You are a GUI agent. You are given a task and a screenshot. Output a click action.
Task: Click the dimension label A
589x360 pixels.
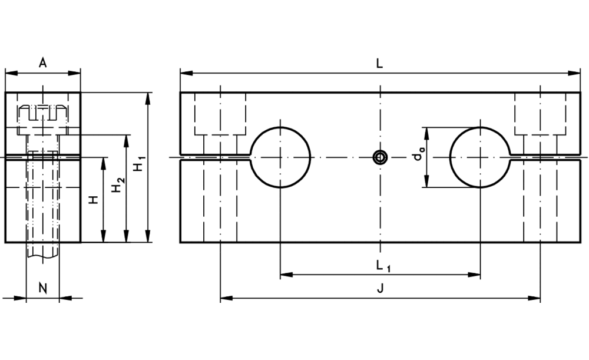point(42,63)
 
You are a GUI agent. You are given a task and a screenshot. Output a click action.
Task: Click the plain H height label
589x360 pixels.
point(94,200)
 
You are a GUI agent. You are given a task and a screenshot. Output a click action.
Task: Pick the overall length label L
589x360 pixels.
point(379,64)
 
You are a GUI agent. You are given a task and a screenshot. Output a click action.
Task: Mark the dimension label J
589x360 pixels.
point(380,289)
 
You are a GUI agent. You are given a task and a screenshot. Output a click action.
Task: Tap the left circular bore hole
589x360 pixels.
point(281,157)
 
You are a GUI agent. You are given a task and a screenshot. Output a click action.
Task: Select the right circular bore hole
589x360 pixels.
point(480,157)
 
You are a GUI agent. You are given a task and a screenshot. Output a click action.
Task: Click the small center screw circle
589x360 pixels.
point(380,157)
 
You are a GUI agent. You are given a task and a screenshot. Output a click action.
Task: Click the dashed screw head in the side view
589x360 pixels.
point(42,111)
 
